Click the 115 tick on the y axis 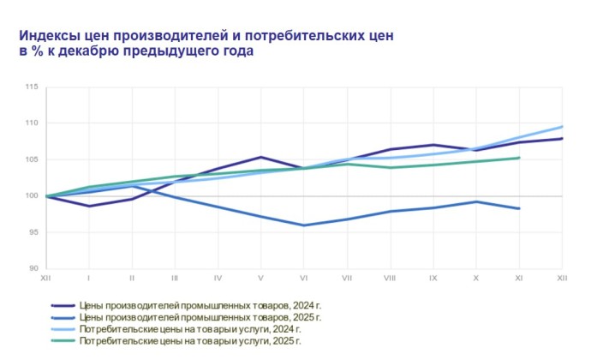click(32, 87)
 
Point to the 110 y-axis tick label click(32, 123)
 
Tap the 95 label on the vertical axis click(33, 232)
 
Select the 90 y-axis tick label click(33, 268)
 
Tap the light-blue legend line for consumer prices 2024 click(63, 329)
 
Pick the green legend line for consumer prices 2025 click(63, 341)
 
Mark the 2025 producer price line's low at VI click(304, 225)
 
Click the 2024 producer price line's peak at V click(260, 157)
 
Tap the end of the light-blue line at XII click(562, 127)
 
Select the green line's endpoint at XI click(519, 158)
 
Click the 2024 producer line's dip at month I click(89, 206)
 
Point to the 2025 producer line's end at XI click(519, 208)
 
